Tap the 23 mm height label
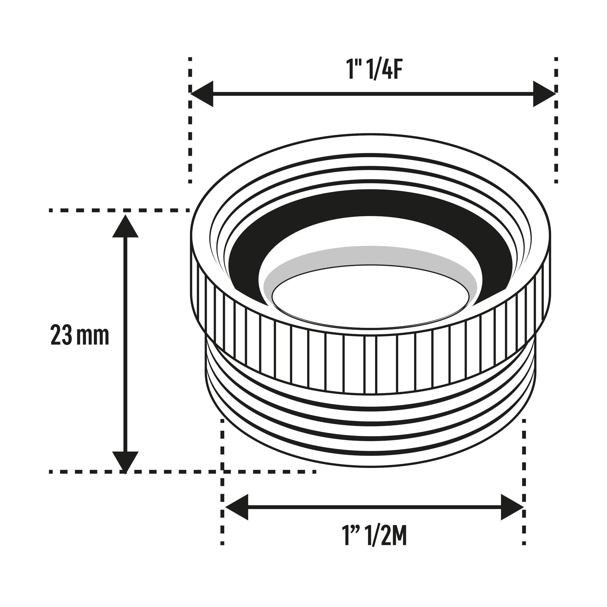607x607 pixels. pos(80,335)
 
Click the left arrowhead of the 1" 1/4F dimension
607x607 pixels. pos(202,93)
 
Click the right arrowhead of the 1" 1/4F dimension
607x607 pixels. pos(544,93)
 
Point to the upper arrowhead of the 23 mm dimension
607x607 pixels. pos(125,226)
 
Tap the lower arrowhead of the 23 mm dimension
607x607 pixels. pos(125,463)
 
